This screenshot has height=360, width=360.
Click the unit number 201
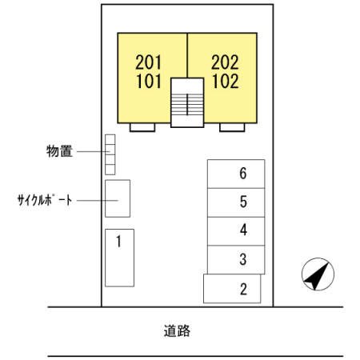(x=149, y=62)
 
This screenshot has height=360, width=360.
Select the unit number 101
(x=149, y=81)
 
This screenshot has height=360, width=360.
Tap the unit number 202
(x=226, y=62)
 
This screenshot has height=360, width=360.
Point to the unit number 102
(x=226, y=81)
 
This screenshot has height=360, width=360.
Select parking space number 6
(x=235, y=174)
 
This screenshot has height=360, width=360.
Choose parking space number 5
(x=235, y=202)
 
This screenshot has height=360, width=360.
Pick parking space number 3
(x=235, y=260)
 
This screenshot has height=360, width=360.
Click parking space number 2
(x=232, y=289)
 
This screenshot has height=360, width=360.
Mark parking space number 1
(x=119, y=257)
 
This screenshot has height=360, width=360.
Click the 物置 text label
(x=59, y=151)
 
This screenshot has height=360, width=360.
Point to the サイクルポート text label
(x=44, y=199)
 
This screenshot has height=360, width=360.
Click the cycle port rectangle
(x=118, y=198)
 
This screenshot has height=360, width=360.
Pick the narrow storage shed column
(x=110, y=154)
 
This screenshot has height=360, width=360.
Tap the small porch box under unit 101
(x=142, y=127)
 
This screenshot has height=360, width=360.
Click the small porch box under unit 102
(x=232, y=127)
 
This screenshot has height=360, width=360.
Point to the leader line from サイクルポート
(x=93, y=200)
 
